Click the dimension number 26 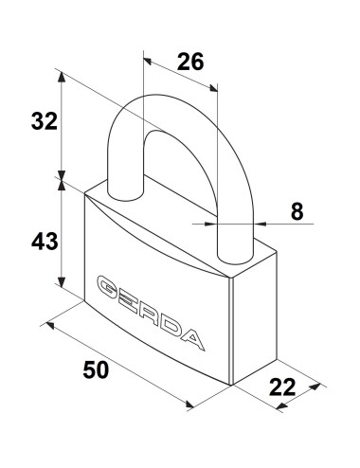(x=190, y=62)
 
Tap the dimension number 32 (x=45, y=121)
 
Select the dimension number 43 (x=45, y=242)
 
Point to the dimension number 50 (x=96, y=369)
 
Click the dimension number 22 (x=282, y=387)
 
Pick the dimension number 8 (x=297, y=211)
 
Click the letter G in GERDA (x=107, y=287)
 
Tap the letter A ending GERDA (x=192, y=340)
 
